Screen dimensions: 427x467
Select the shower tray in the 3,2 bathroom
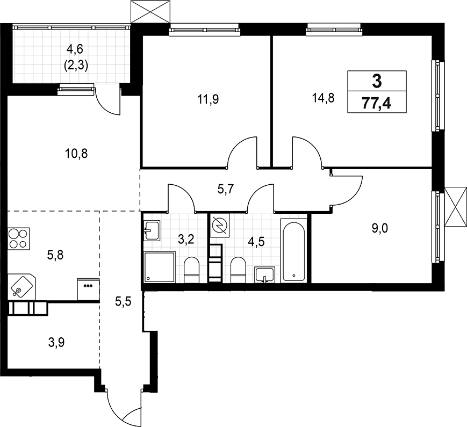click(160, 267)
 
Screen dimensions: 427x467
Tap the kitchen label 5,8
click(55, 256)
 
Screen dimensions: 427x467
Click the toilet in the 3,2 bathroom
click(192, 269)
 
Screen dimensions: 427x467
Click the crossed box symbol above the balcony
click(148, 11)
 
